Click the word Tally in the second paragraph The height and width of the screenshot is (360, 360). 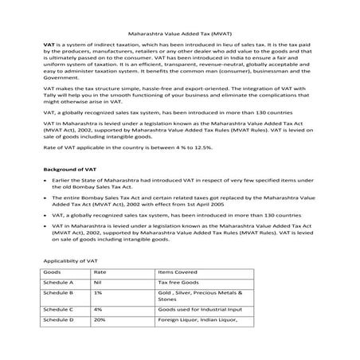coord(51,107)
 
